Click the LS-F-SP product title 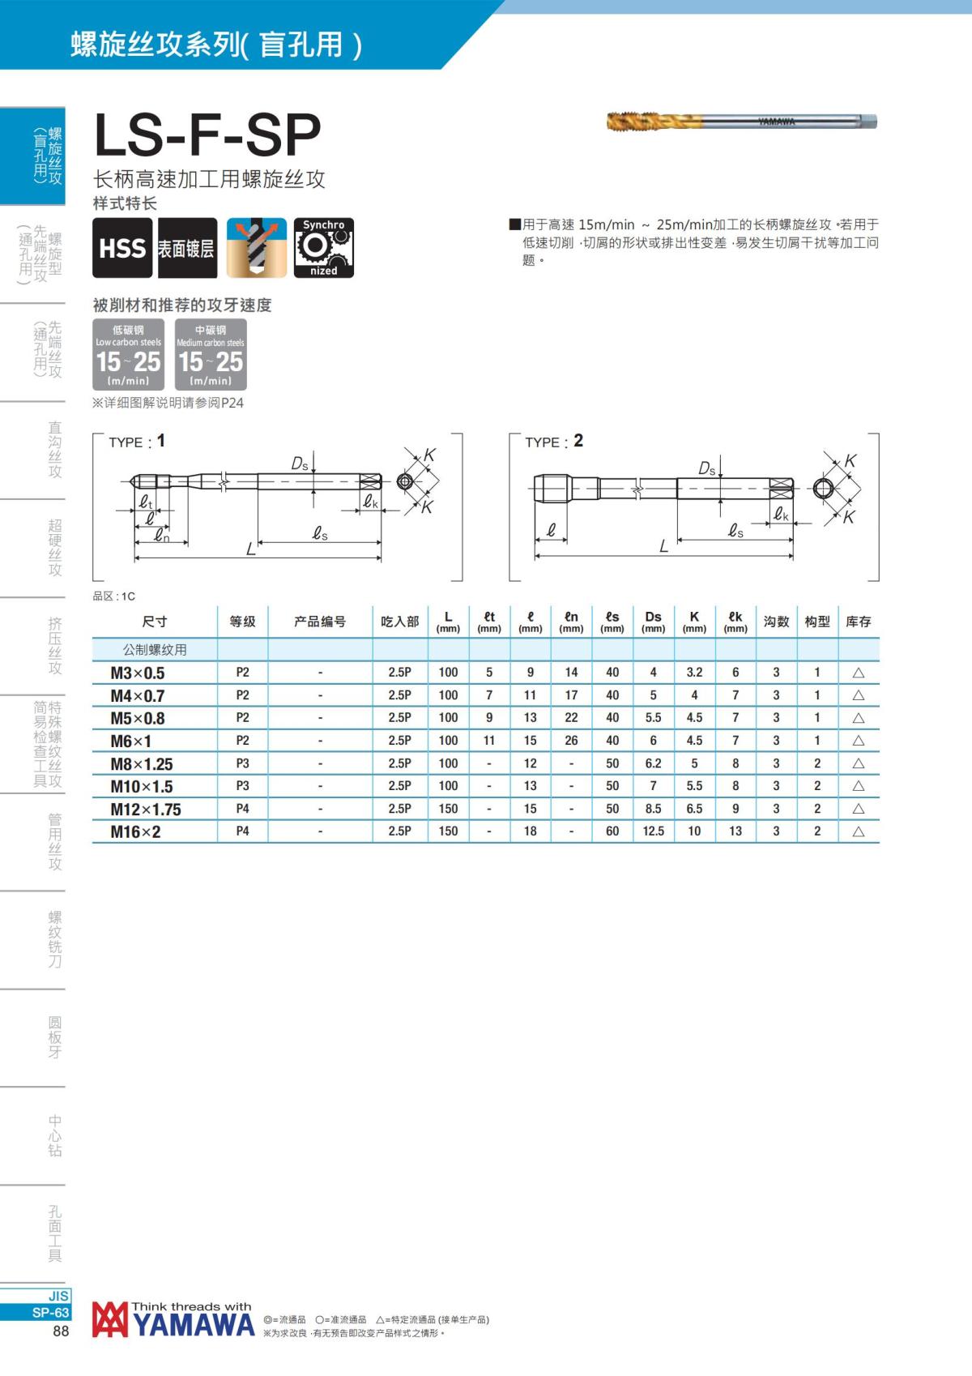[x=207, y=135]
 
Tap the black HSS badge [x=122, y=248]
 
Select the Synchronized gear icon [x=323, y=248]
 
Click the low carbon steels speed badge [x=128, y=355]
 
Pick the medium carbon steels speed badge [x=211, y=355]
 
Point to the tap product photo [x=741, y=122]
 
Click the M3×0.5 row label [x=137, y=673]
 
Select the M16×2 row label [x=135, y=831]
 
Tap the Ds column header [x=653, y=621]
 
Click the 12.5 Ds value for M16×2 [x=653, y=831]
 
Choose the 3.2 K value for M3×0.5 [x=694, y=673]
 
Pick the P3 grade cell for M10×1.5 [x=242, y=786]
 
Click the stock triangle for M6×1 [x=858, y=741]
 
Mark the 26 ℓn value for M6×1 [x=571, y=741]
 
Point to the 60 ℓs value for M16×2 [x=612, y=831]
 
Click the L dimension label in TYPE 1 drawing [x=250, y=550]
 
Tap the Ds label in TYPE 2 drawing [x=707, y=468]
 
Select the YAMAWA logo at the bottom [x=173, y=1321]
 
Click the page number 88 [x=61, y=1331]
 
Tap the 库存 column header [x=858, y=622]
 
